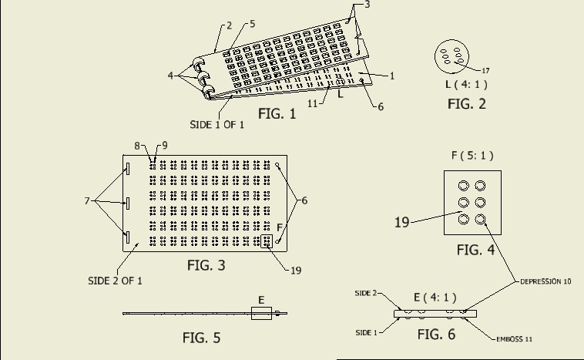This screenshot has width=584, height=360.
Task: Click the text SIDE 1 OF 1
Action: click(x=217, y=124)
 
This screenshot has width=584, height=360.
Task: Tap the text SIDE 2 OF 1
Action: click(x=115, y=281)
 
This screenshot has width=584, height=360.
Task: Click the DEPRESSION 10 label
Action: click(x=545, y=282)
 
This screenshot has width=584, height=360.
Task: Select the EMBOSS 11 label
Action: click(x=525, y=338)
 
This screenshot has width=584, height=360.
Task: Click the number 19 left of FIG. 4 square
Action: click(x=401, y=222)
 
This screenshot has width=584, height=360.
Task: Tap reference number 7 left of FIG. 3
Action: click(x=87, y=201)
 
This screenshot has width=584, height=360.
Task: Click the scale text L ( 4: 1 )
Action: click(x=461, y=84)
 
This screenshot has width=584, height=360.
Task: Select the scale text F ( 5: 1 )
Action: click(x=472, y=155)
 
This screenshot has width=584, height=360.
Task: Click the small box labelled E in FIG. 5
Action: click(x=261, y=313)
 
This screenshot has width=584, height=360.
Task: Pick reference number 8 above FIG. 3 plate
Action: click(x=137, y=145)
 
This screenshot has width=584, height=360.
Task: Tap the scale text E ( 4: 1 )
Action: click(x=436, y=297)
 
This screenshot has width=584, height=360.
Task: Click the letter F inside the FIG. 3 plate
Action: click(x=279, y=227)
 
